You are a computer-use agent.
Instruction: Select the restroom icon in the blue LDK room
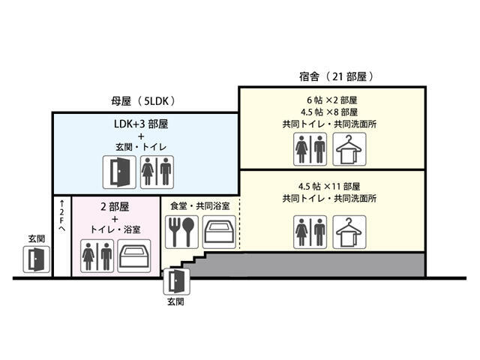click(157, 172)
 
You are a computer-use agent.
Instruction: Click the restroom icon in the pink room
click(96, 256)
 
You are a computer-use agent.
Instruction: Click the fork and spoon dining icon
click(184, 232)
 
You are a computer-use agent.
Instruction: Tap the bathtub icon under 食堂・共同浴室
click(220, 232)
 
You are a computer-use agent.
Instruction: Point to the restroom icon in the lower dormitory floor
click(310, 231)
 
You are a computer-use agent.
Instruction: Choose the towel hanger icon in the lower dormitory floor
click(349, 231)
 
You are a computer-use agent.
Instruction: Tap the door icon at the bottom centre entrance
click(175, 281)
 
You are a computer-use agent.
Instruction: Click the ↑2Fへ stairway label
click(61, 215)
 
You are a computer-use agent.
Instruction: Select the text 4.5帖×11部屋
click(331, 186)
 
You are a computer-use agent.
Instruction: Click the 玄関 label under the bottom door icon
click(175, 303)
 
